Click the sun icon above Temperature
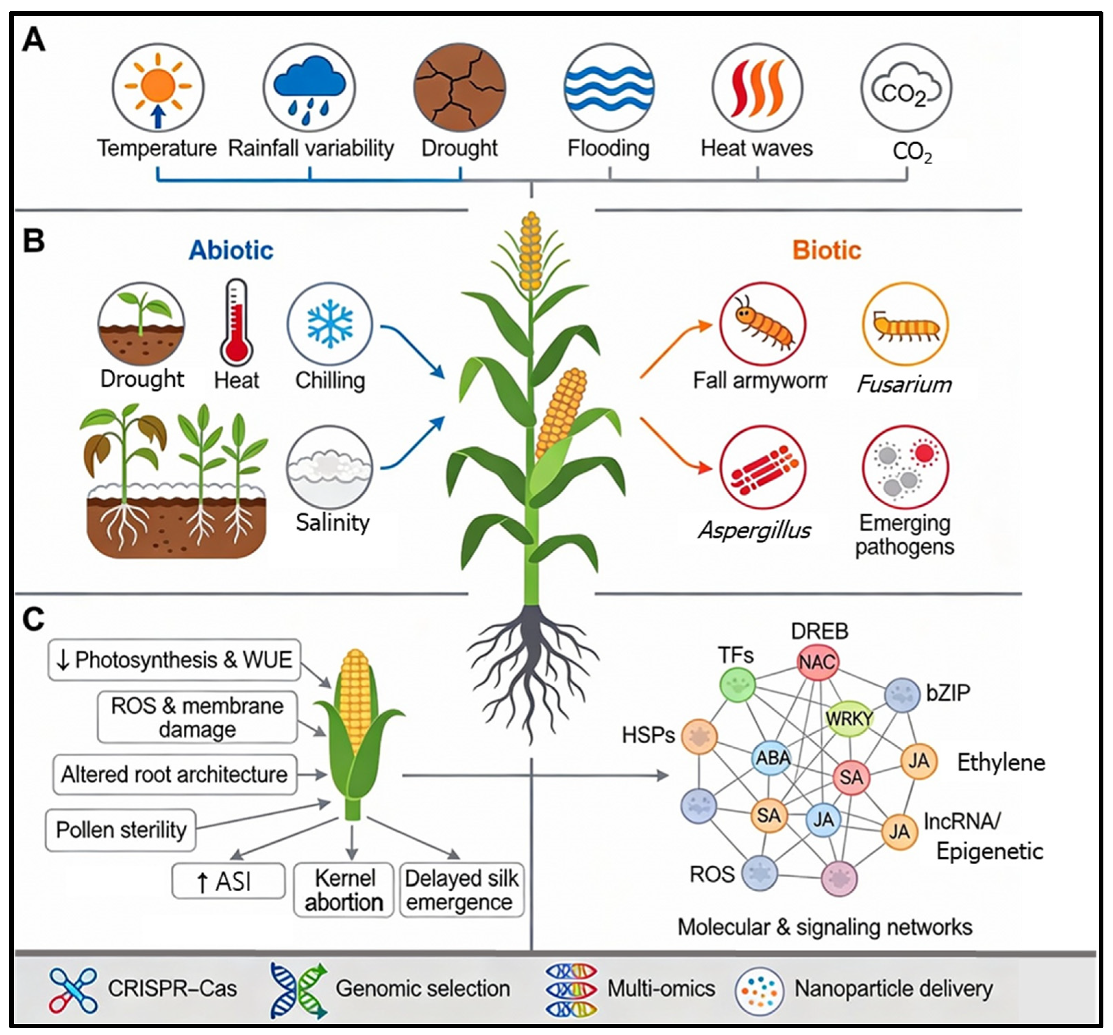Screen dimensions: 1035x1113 (158, 88)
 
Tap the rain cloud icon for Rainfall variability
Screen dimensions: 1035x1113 (309, 88)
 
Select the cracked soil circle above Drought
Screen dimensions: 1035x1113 (460, 88)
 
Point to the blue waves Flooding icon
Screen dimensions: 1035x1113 (609, 88)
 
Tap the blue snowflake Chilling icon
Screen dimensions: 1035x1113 (330, 324)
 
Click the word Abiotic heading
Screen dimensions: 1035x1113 (231, 250)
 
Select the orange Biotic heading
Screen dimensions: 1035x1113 (826, 250)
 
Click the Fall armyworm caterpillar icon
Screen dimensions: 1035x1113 (762, 325)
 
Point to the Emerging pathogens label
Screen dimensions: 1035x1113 (905, 535)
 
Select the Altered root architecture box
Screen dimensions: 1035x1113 (175, 774)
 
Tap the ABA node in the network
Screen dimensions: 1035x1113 (773, 758)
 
